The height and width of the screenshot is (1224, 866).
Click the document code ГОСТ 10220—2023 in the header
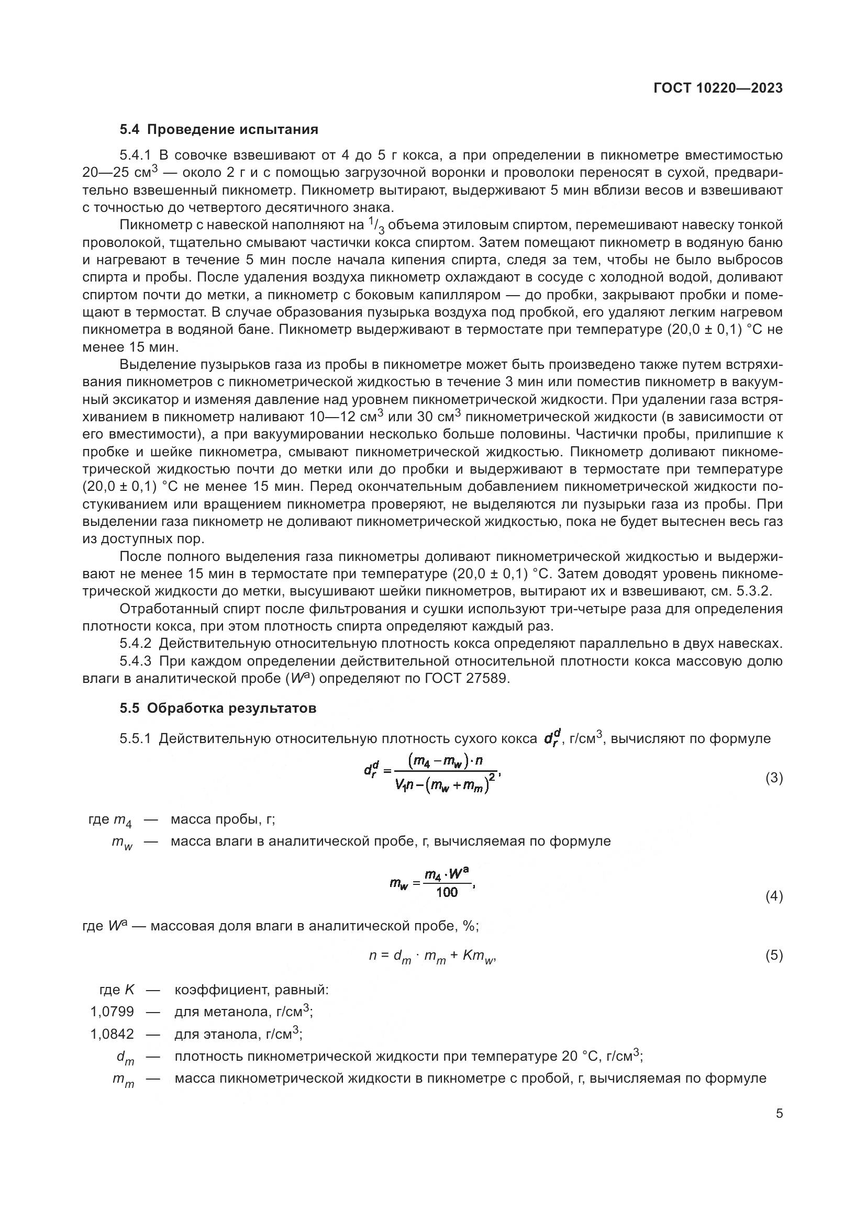(x=718, y=88)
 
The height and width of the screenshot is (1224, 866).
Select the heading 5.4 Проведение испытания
(x=219, y=130)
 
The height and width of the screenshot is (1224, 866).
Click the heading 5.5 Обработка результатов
(x=218, y=708)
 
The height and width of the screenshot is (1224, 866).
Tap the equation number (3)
(x=774, y=778)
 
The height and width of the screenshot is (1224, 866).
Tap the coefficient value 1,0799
(x=112, y=1012)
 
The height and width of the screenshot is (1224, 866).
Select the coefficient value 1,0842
(x=112, y=1034)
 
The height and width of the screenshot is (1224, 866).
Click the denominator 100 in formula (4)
(x=446, y=892)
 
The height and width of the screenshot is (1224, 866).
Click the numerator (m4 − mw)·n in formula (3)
(x=446, y=761)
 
